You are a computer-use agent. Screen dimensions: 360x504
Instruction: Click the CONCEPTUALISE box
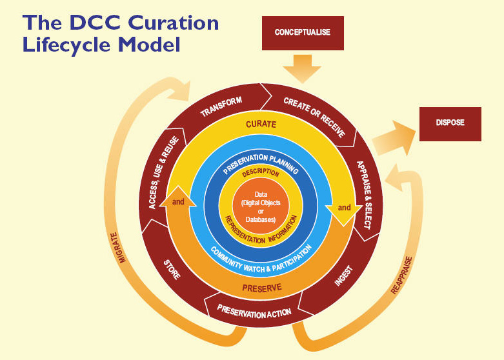pyautogui.click(x=301, y=32)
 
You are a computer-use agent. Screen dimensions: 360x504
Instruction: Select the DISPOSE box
pyautogui.click(x=450, y=123)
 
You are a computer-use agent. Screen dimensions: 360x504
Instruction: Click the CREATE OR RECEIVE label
pyautogui.click(x=314, y=116)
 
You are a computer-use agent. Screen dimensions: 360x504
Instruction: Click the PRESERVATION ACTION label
pyautogui.click(x=254, y=313)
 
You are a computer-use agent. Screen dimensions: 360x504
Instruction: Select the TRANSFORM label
pyautogui.click(x=221, y=106)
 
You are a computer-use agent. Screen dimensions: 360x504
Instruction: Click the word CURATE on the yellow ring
pyautogui.click(x=260, y=124)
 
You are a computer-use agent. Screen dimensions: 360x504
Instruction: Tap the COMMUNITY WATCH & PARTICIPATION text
pyautogui.click(x=262, y=256)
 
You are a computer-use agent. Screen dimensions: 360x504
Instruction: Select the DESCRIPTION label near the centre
pyautogui.click(x=261, y=174)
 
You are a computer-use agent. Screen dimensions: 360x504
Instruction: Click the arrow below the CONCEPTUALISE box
pyautogui.click(x=301, y=67)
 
